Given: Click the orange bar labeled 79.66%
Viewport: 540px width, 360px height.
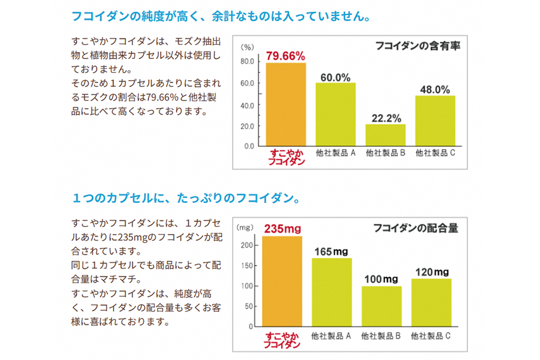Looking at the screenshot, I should pyautogui.click(x=286, y=104).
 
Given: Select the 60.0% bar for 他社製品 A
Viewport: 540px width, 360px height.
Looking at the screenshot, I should pyautogui.click(x=335, y=114).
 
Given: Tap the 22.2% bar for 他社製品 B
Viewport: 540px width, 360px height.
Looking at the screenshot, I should pyautogui.click(x=385, y=135).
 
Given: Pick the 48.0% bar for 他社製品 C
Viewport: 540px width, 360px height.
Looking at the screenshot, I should pyautogui.click(x=434, y=120).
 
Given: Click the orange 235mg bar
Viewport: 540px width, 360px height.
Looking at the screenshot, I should pyautogui.click(x=282, y=281).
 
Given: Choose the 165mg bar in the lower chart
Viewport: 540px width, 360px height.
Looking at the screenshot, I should pyautogui.click(x=331, y=292).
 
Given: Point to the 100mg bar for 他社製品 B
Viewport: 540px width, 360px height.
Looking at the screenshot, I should pyautogui.click(x=381, y=305).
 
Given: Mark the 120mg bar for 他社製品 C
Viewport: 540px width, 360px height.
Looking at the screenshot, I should pyautogui.click(x=431, y=302).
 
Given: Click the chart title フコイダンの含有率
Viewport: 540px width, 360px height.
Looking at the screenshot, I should pyautogui.click(x=418, y=45).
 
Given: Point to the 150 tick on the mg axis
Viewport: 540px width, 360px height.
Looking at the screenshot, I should pyautogui.click(x=248, y=266).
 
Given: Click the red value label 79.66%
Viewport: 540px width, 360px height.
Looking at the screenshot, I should pyautogui.click(x=286, y=56).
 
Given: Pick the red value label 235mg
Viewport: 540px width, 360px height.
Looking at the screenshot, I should pyautogui.click(x=282, y=229).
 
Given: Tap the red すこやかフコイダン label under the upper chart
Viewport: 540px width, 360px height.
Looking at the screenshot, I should pyautogui.click(x=286, y=156).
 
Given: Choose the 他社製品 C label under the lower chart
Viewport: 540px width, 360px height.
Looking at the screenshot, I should pyautogui.click(x=431, y=336).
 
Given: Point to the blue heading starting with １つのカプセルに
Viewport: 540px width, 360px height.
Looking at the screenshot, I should pyautogui.click(x=186, y=199).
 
